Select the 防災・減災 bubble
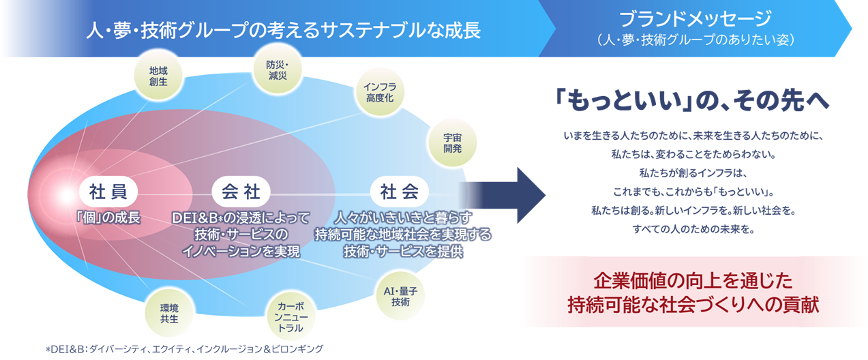[x=277, y=70]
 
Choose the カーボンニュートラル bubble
[x=291, y=314]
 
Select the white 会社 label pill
[x=241, y=192]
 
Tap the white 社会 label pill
[x=400, y=192]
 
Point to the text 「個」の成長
[x=108, y=218]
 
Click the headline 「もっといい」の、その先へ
[x=692, y=100]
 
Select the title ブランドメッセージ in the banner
[x=695, y=19]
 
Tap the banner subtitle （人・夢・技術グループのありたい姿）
[x=695, y=40]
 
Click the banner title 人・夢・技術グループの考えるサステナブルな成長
[x=284, y=29]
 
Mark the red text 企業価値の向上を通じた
[x=694, y=281]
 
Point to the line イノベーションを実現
[x=241, y=250]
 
